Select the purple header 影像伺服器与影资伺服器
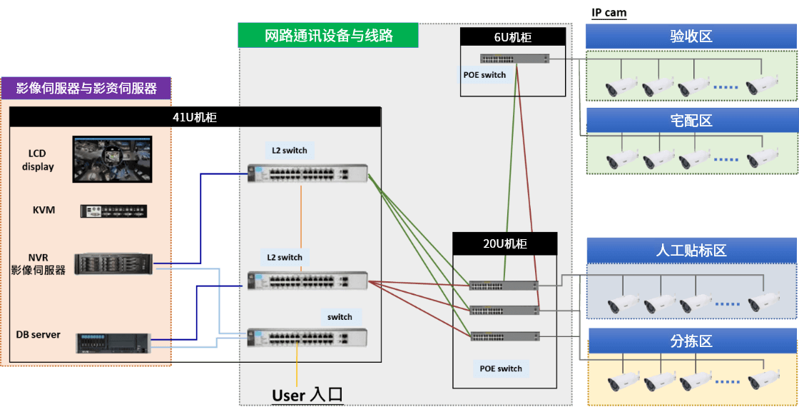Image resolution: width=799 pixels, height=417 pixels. click(86, 89)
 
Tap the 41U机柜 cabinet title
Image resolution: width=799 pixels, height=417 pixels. click(195, 117)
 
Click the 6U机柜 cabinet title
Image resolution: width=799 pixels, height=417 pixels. click(513, 38)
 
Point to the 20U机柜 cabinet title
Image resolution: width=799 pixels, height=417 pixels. click(504, 243)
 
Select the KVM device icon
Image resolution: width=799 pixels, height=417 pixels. click(113, 211)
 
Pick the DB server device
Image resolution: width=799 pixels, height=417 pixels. click(114, 343)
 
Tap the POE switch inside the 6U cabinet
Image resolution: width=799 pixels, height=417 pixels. click(513, 59)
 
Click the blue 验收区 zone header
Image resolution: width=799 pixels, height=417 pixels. click(691, 37)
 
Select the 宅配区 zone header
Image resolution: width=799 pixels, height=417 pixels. click(691, 121)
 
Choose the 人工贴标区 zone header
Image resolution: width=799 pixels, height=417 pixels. click(691, 251)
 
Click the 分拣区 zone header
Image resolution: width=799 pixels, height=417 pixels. click(691, 341)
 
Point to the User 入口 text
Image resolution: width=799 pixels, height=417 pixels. click(307, 395)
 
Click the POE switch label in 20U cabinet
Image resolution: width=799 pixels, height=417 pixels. click(500, 368)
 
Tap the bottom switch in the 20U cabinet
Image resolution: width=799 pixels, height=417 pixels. click(504, 336)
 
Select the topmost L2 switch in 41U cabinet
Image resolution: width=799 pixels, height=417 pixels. click(307, 173)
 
